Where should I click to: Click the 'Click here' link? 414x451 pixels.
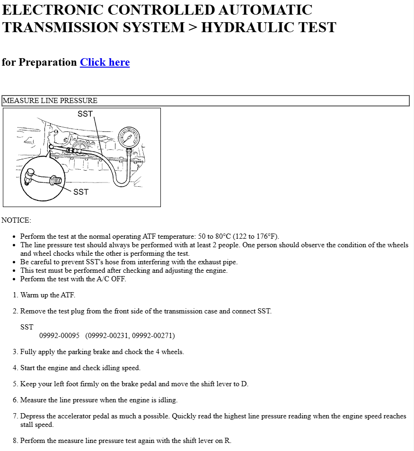tap(105, 62)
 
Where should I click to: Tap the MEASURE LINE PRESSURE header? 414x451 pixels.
tap(50, 101)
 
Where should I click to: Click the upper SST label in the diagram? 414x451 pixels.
tap(85, 114)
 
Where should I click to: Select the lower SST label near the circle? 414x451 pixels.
tap(81, 192)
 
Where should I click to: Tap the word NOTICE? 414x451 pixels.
tap(16, 220)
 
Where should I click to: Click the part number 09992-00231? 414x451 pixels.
tap(107, 336)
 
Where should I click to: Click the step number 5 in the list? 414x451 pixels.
tap(15, 384)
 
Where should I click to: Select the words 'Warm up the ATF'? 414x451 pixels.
tap(47, 295)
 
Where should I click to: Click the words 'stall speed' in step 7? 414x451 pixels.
tap(37, 425)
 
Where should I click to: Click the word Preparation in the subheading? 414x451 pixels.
tap(48, 62)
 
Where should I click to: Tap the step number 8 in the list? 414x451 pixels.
tap(15, 441)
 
